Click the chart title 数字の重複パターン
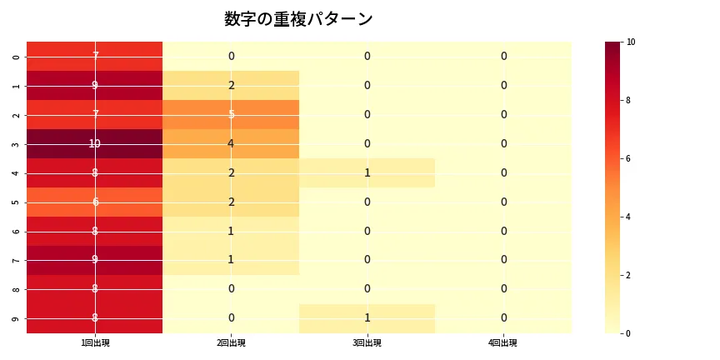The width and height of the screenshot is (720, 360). point(298,19)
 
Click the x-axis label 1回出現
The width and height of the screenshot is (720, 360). point(94,342)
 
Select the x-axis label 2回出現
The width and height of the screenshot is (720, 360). point(231,342)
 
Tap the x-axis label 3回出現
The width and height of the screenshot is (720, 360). point(367,342)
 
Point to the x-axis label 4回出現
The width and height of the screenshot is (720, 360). point(503,342)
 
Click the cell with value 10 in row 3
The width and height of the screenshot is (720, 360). point(94,143)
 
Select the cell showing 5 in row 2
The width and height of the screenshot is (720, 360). point(231,114)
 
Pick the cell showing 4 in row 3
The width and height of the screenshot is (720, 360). point(231,143)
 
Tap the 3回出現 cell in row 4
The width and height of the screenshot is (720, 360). point(367,172)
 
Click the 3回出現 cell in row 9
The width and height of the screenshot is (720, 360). point(367,318)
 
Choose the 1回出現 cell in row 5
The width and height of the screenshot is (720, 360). point(94,202)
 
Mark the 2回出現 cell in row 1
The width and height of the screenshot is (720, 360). point(231,85)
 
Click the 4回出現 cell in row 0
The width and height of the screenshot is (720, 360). point(503,56)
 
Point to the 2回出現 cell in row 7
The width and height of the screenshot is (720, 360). point(231,260)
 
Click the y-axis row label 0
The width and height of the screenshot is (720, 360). point(17,56)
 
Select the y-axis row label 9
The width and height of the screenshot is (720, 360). point(17,318)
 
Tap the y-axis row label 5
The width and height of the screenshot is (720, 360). point(17,202)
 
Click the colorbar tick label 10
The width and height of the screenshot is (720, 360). point(631,42)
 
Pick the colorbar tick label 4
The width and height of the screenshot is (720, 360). point(629,217)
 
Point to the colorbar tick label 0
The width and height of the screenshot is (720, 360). point(629,333)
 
